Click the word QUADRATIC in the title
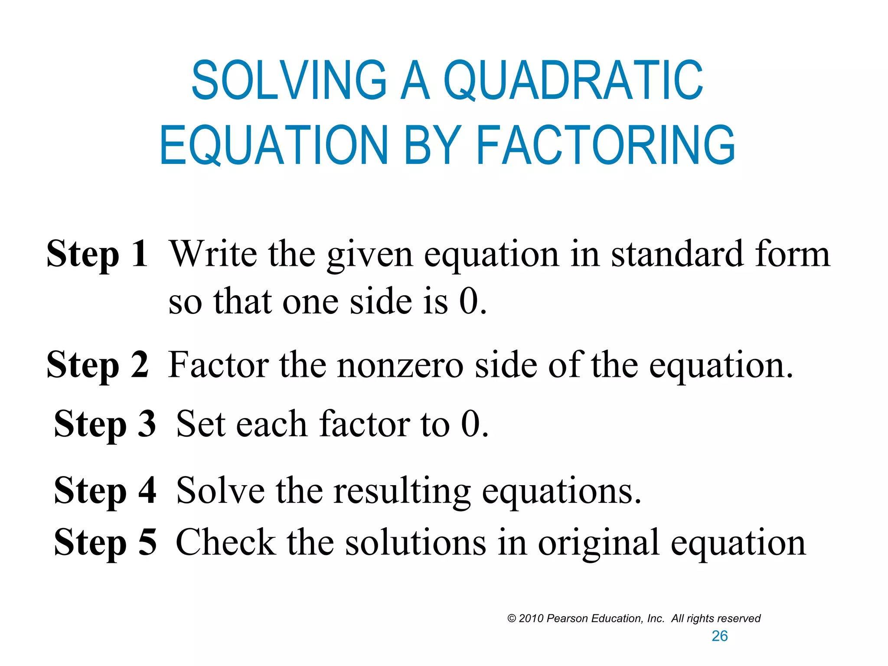(573, 80)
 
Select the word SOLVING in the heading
(289, 80)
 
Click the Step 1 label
(97, 254)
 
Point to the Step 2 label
(97, 365)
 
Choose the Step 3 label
(104, 424)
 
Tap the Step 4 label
(104, 490)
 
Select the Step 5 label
(104, 542)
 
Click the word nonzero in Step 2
(400, 365)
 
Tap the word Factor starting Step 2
(218, 365)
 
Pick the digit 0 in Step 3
(471, 424)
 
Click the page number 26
(720, 636)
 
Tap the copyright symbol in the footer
(512, 619)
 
